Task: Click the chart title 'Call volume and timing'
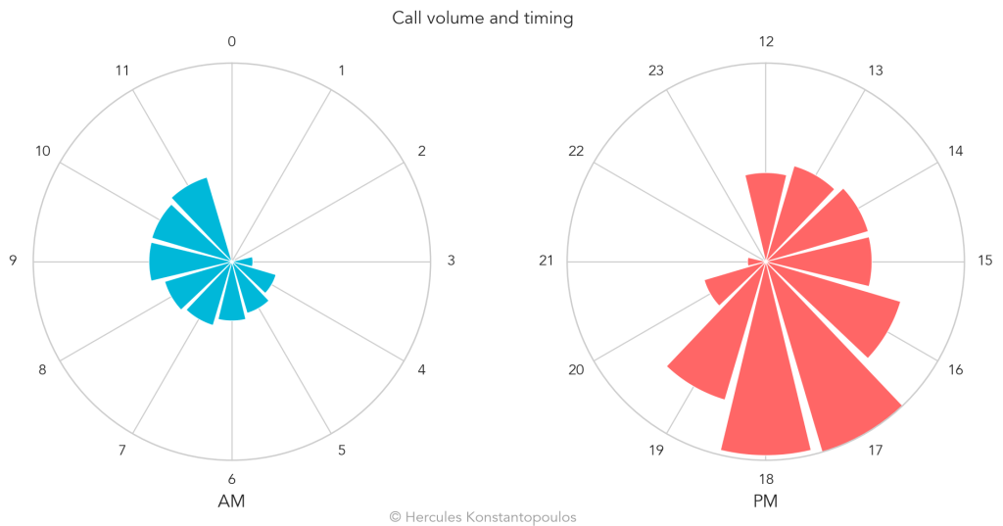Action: coord(482,18)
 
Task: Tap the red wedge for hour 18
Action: coord(766,392)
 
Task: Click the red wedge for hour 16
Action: coord(862,313)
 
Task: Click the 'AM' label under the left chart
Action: coord(231,502)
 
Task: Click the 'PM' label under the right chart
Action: coord(766,502)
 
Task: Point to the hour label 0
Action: coord(231,41)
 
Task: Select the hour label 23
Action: coord(657,71)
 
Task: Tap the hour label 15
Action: coord(985,261)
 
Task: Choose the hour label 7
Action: coord(122,451)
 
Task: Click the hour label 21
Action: coord(547,261)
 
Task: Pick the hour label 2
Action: coord(421,151)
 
